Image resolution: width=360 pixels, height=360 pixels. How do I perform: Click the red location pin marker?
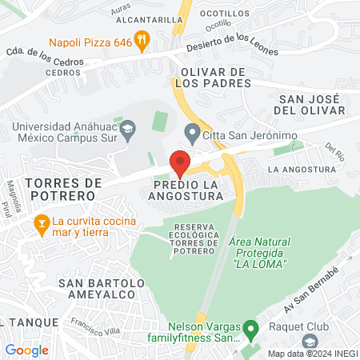(x=181, y=162)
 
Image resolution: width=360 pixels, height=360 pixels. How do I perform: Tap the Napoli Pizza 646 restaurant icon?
(x=142, y=37)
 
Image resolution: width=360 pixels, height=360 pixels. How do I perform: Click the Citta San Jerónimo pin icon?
(x=190, y=131)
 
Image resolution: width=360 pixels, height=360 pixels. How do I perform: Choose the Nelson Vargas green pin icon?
(x=250, y=328)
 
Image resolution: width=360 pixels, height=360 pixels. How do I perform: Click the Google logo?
(x=26, y=350)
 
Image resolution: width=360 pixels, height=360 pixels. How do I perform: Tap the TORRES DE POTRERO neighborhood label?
(x=61, y=189)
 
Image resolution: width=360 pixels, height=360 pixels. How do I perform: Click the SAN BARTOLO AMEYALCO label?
(x=102, y=289)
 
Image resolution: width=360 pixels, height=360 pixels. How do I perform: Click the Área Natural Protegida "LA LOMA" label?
(x=258, y=252)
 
